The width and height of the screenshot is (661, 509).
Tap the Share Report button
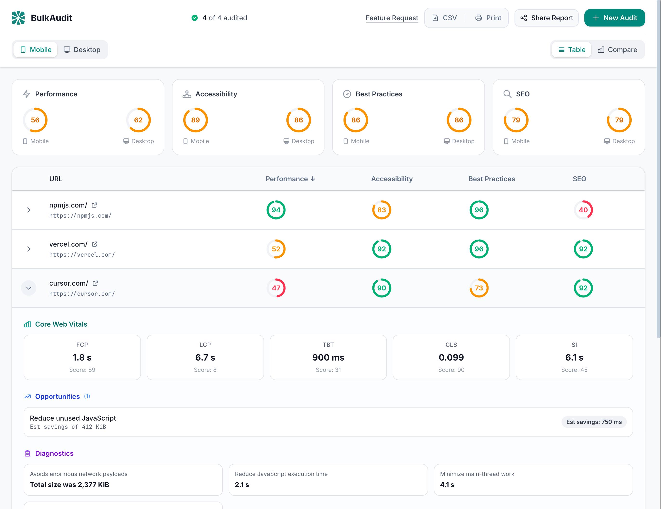pos(546,18)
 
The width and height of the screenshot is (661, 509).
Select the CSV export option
pos(445,18)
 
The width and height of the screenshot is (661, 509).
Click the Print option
pos(488,18)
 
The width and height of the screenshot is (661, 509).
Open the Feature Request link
pos(392,18)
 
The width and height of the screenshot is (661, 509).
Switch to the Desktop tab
pos(82,50)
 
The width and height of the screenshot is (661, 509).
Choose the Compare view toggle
pos(617,50)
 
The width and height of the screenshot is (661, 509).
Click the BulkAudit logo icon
pos(18,18)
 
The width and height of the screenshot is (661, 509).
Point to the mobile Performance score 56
pos(35,120)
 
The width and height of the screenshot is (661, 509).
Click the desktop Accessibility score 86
pos(298,120)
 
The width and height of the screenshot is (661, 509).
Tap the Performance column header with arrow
pos(290,179)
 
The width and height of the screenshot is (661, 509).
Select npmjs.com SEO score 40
pos(583,210)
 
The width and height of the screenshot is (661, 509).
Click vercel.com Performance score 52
pos(276,249)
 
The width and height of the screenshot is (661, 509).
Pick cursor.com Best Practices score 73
pos(479,288)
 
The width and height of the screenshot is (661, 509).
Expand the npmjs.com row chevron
pos(29,210)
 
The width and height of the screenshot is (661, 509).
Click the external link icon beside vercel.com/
pos(95,244)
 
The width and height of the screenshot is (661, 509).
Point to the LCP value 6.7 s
pos(205,357)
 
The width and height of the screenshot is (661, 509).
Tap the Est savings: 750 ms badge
pos(594,422)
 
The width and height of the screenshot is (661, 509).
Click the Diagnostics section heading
pos(54,453)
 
